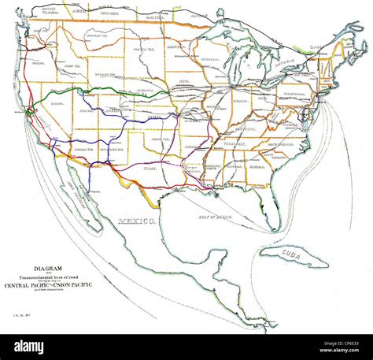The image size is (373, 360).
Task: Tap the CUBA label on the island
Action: pyautogui.click(x=293, y=254)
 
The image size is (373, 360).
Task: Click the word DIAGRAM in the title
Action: pyautogui.click(x=45, y=266)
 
